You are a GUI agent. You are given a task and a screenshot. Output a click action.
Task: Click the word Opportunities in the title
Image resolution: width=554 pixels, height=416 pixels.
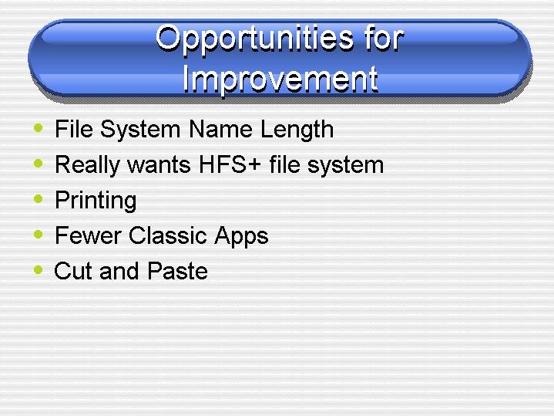coord(254,39)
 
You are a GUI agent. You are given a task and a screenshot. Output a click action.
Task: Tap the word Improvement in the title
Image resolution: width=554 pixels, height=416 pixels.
coord(280,79)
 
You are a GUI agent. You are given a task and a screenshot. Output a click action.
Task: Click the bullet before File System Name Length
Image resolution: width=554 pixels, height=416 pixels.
coord(39,127)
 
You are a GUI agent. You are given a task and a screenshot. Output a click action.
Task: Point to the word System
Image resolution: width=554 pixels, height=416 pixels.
coord(140,130)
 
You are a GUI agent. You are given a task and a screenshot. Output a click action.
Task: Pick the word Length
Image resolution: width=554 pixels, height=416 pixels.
coord(297,130)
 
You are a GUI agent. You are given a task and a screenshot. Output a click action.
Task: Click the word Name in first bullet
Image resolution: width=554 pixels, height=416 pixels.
coord(220,129)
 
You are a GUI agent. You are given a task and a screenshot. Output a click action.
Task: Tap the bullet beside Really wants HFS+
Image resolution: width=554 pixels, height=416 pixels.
coord(39,163)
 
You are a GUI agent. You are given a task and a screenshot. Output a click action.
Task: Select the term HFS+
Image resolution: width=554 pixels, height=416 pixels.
coord(230,164)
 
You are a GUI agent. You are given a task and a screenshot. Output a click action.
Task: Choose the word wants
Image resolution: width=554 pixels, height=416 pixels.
coord(159,165)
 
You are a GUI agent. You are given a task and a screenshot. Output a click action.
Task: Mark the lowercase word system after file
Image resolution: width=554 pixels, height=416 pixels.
coord(345,166)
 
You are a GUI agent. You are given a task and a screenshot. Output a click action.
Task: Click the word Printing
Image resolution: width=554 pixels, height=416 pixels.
coord(96,201)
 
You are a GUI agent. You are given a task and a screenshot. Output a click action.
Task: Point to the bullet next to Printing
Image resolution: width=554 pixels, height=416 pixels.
coord(39,198)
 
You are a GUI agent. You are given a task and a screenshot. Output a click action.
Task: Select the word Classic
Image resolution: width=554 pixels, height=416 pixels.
coord(167,235)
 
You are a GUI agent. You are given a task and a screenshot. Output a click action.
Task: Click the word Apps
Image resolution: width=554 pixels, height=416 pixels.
coord(241,236)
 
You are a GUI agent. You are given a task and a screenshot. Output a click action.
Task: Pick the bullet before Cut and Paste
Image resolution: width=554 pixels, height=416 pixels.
coord(39,270)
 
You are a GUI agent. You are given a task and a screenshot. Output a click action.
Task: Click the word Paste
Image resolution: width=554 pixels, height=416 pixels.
coord(177,271)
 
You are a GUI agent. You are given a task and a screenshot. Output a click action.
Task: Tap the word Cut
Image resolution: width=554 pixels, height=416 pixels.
coord(72,271)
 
